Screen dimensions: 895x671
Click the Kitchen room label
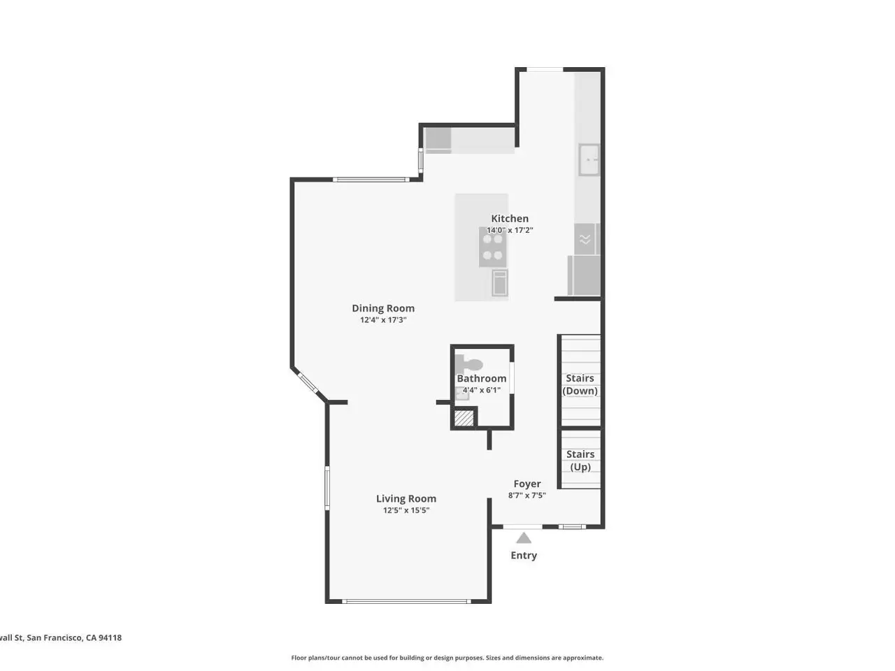(509, 218)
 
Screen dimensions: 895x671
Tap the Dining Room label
(383, 308)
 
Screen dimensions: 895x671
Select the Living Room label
(406, 498)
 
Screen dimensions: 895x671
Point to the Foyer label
(527, 484)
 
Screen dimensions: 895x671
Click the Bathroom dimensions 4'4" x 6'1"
(481, 390)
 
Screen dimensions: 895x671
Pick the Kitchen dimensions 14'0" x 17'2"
(510, 230)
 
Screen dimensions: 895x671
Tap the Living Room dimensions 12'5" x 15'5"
(406, 510)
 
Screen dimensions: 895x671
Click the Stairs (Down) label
(580, 384)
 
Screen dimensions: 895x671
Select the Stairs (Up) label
(580, 461)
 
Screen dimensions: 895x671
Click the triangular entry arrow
(524, 538)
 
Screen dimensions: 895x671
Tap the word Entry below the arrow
(524, 555)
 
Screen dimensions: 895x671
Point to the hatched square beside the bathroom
(464, 418)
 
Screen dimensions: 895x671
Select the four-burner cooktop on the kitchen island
(492, 247)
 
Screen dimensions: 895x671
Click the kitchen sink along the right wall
(589, 159)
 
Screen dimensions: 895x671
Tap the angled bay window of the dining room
(308, 383)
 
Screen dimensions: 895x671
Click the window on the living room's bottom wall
(406, 601)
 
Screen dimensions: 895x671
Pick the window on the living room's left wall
(327, 488)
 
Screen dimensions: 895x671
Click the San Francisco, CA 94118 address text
(74, 637)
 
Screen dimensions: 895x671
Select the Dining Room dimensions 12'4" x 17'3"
(383, 320)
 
